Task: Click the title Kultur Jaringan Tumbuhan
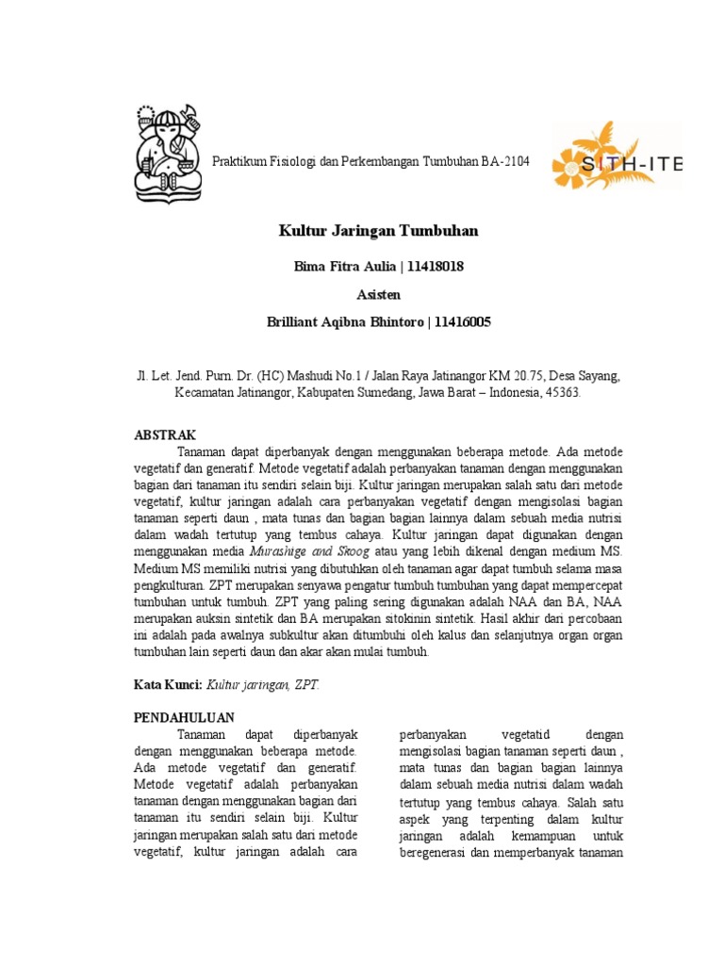(378, 231)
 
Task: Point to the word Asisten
(378, 295)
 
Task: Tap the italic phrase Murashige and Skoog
(307, 550)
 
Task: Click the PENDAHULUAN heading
(184, 718)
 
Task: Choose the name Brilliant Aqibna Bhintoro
(344, 322)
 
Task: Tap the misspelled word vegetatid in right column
(520, 734)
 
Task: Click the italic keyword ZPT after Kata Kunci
(306, 685)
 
